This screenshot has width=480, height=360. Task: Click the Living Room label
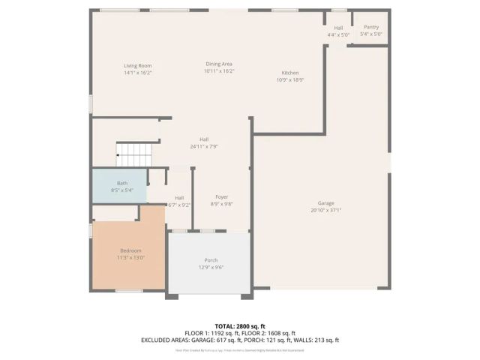pos(138,66)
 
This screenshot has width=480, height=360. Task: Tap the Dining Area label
pos(219,64)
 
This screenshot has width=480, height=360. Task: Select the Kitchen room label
pos(289,73)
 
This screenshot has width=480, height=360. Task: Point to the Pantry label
pos(371,27)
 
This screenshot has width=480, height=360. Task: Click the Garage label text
pos(325,203)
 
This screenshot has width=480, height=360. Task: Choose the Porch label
pos(211,260)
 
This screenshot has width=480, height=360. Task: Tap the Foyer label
pos(221,196)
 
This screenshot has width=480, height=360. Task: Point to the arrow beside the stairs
pos(118,155)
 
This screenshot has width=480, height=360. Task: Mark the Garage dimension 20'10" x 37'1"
pos(325,211)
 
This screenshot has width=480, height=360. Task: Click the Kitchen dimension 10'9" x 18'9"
pos(289,79)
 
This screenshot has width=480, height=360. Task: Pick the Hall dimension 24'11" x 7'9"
pos(204,146)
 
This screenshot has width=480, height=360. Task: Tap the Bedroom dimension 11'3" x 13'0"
pos(130,257)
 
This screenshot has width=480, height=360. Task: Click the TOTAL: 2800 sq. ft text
pos(240,325)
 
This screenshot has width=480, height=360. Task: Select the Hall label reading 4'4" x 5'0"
pos(338,34)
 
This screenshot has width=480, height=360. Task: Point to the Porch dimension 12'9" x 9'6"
pos(211,268)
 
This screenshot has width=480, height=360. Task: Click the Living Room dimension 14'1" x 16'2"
pos(138,73)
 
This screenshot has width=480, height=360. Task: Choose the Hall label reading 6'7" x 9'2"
pos(180,205)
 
